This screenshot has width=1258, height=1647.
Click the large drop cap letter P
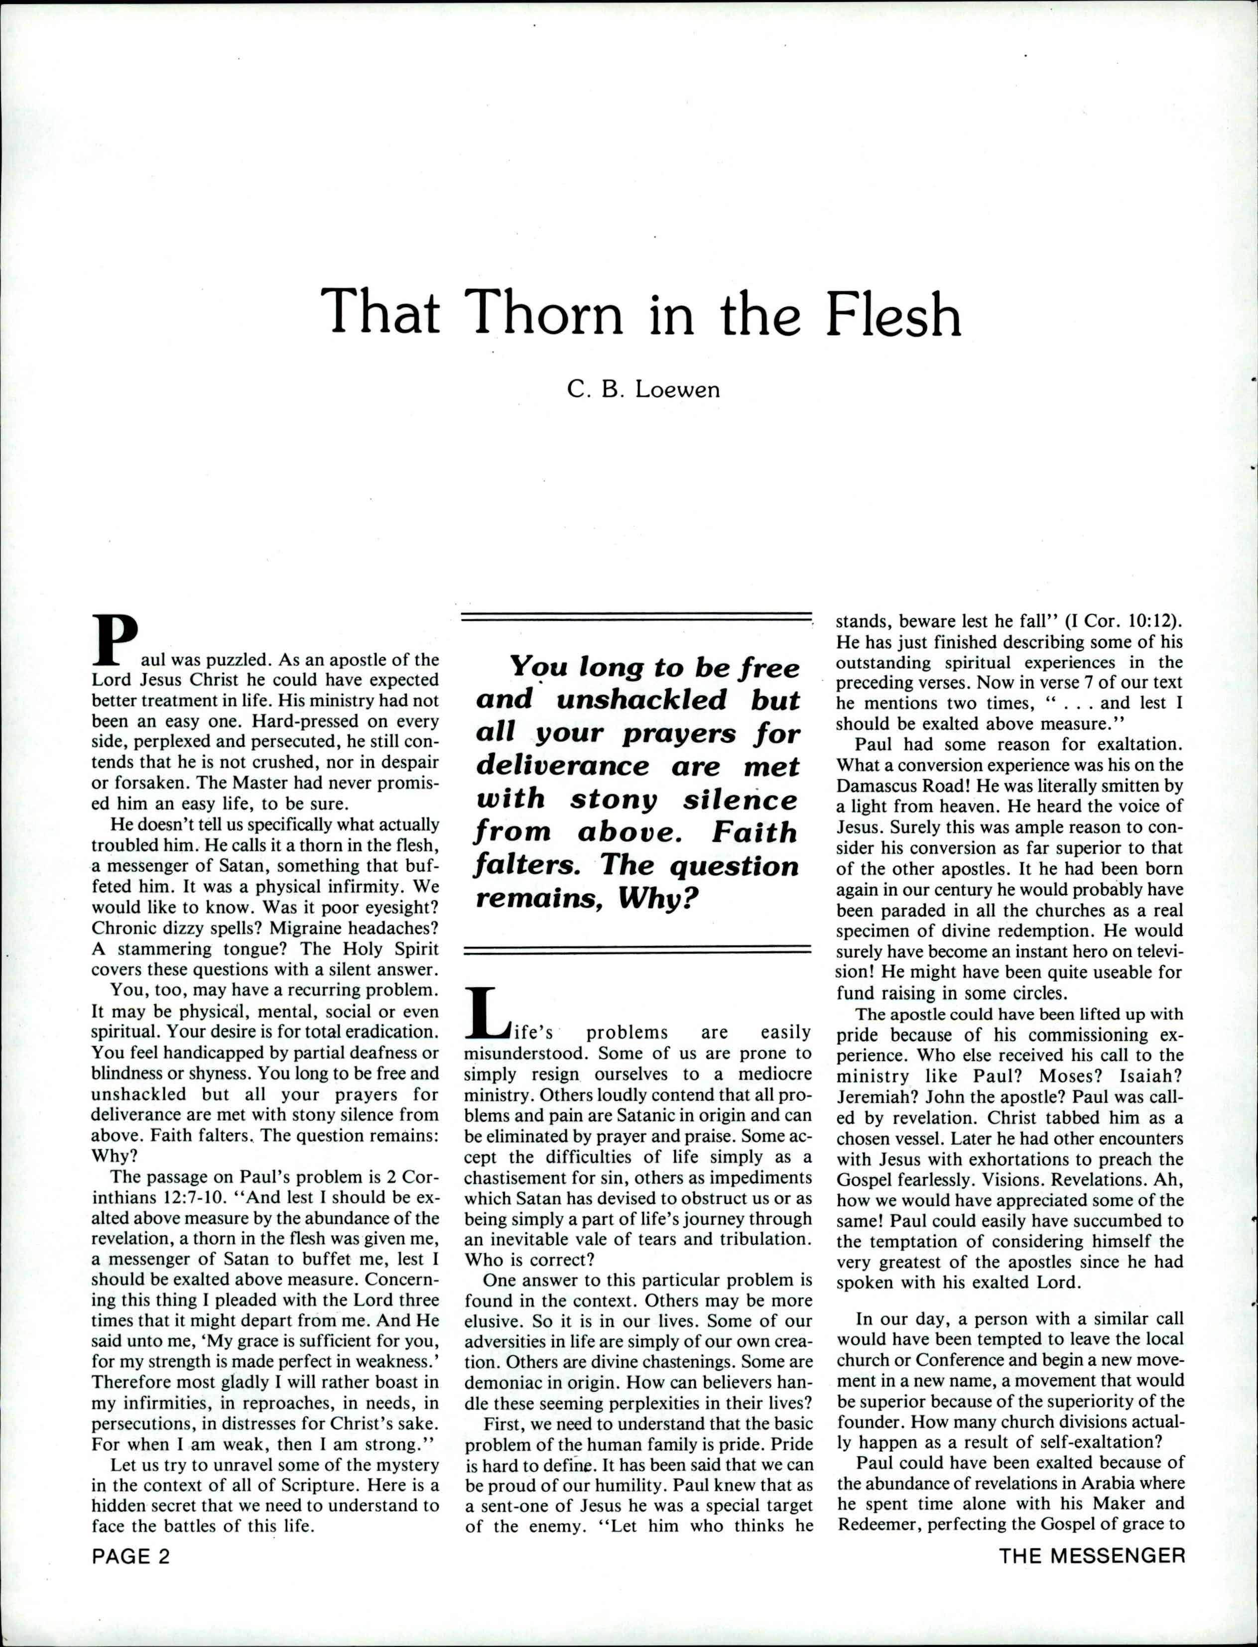pos(115,639)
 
